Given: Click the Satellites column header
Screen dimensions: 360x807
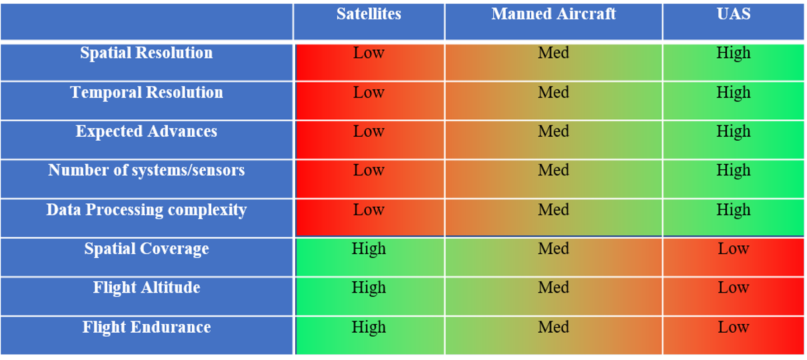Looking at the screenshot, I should point(369,14).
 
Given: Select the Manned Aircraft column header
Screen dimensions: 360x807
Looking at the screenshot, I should point(553,14).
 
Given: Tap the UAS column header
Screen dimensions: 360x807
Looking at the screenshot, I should point(733,14).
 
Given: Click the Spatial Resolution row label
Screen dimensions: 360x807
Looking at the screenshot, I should point(147,53).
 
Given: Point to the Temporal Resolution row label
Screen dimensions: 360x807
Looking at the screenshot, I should point(147,93).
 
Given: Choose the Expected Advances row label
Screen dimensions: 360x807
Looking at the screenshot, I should point(147,131).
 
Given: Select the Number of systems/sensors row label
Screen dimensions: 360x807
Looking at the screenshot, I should point(147,171).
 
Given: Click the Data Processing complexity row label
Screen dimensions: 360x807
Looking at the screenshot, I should point(147,210).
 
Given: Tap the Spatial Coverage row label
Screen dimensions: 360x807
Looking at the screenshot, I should point(147,249).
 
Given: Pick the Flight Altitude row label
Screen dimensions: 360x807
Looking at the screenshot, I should point(147,288).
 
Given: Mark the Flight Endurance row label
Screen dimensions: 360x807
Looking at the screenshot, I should point(147,327).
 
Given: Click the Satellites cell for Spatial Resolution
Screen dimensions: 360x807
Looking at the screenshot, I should point(369,53).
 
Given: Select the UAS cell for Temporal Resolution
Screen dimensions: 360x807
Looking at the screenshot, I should point(733,93).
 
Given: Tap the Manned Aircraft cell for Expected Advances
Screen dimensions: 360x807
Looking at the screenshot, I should point(553,131).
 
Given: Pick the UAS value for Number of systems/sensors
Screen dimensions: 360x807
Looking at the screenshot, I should point(733,171).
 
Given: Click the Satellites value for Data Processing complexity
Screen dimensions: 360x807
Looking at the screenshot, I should point(369,210).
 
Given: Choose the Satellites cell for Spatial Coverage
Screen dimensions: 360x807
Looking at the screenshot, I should point(369,249).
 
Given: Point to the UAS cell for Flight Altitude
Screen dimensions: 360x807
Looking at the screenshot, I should point(733,288).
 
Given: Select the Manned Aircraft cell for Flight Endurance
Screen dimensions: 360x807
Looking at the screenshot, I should point(553,327).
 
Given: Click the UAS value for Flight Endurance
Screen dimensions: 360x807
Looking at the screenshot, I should point(733,327).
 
